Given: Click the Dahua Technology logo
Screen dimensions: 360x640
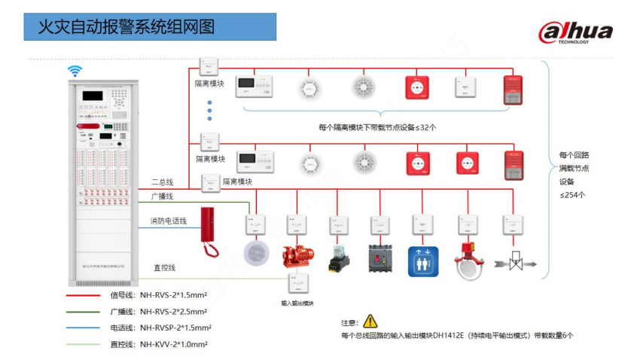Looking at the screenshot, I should [574, 32].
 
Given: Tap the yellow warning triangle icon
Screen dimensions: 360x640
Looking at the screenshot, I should [370, 321].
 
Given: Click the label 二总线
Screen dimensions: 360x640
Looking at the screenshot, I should [162, 182].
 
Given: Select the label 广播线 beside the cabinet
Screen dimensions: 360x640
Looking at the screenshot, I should [162, 196].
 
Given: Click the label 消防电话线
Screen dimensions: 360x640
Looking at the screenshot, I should [168, 221].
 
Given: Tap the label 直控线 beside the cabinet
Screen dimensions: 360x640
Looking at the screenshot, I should [164, 267].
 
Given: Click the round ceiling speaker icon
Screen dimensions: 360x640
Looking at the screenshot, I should [255, 252].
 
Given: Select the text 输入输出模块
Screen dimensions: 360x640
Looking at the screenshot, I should [297, 303].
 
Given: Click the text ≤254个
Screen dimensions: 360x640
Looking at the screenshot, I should [572, 194].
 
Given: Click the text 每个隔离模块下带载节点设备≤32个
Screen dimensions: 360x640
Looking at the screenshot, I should [376, 127].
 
